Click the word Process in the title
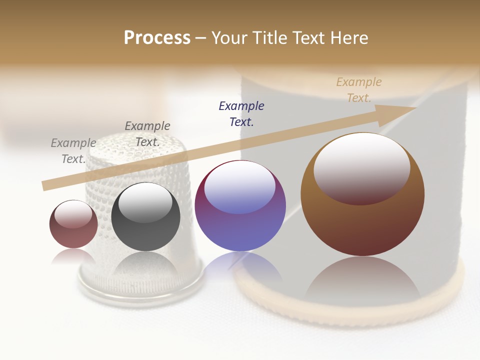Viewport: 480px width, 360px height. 157,38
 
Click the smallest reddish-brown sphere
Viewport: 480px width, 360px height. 73,224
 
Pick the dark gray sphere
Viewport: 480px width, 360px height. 145,217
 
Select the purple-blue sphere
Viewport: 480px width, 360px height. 240,205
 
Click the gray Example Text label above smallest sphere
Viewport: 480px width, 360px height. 73,151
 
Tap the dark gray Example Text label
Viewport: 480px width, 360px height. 147,134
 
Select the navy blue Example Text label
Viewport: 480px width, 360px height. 241,114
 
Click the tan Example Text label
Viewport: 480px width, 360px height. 358,90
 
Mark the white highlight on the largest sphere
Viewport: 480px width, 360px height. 361,165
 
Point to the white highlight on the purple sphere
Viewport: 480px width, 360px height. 239,186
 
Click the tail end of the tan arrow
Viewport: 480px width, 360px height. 45,185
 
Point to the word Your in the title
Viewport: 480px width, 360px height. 229,38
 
